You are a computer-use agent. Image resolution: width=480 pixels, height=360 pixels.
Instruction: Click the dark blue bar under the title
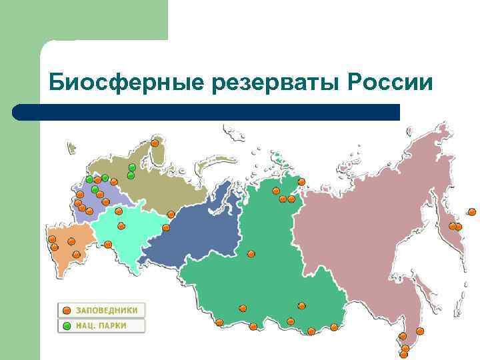207,112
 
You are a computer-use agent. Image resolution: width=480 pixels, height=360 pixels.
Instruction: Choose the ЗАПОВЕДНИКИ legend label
107,310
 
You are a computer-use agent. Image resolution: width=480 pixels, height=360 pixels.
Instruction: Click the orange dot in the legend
67,310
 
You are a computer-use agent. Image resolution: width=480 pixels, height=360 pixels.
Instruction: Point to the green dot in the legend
67,325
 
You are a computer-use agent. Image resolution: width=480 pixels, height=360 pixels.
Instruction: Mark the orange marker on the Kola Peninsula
155,142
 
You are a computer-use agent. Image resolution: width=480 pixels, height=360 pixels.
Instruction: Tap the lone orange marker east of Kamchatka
472,212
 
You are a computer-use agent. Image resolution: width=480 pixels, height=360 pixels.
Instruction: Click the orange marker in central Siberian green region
251,253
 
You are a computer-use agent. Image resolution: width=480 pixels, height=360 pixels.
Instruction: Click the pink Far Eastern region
373,220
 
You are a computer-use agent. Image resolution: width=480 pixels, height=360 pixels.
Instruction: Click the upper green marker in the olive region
132,167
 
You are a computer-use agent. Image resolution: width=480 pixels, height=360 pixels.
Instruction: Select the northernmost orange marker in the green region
301,181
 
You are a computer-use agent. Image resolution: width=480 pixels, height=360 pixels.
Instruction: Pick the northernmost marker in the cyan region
119,212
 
